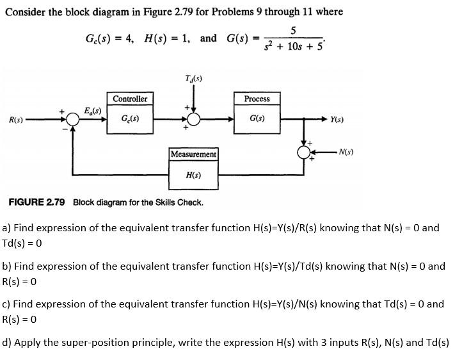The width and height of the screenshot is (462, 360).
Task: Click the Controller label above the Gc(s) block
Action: tap(130, 99)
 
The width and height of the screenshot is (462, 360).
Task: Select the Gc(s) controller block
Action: tap(130, 119)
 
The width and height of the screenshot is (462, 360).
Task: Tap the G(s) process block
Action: tap(257, 119)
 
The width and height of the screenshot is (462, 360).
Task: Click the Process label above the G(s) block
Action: tap(257, 99)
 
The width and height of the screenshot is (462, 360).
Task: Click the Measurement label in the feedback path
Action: tap(193, 154)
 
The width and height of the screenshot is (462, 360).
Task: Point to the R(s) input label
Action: tap(16, 120)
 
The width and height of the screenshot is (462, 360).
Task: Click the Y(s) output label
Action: tap(339, 120)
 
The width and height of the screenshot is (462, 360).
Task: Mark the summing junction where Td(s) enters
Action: tap(193, 119)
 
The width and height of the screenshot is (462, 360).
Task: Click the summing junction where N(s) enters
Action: tap(303, 152)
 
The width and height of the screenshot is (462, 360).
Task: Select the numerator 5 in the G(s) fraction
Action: tap(292, 30)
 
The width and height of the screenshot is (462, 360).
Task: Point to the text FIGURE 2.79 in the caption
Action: tap(36, 202)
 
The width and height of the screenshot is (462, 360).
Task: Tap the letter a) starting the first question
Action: tap(6, 227)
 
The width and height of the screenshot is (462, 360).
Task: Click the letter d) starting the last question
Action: tap(6, 342)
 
